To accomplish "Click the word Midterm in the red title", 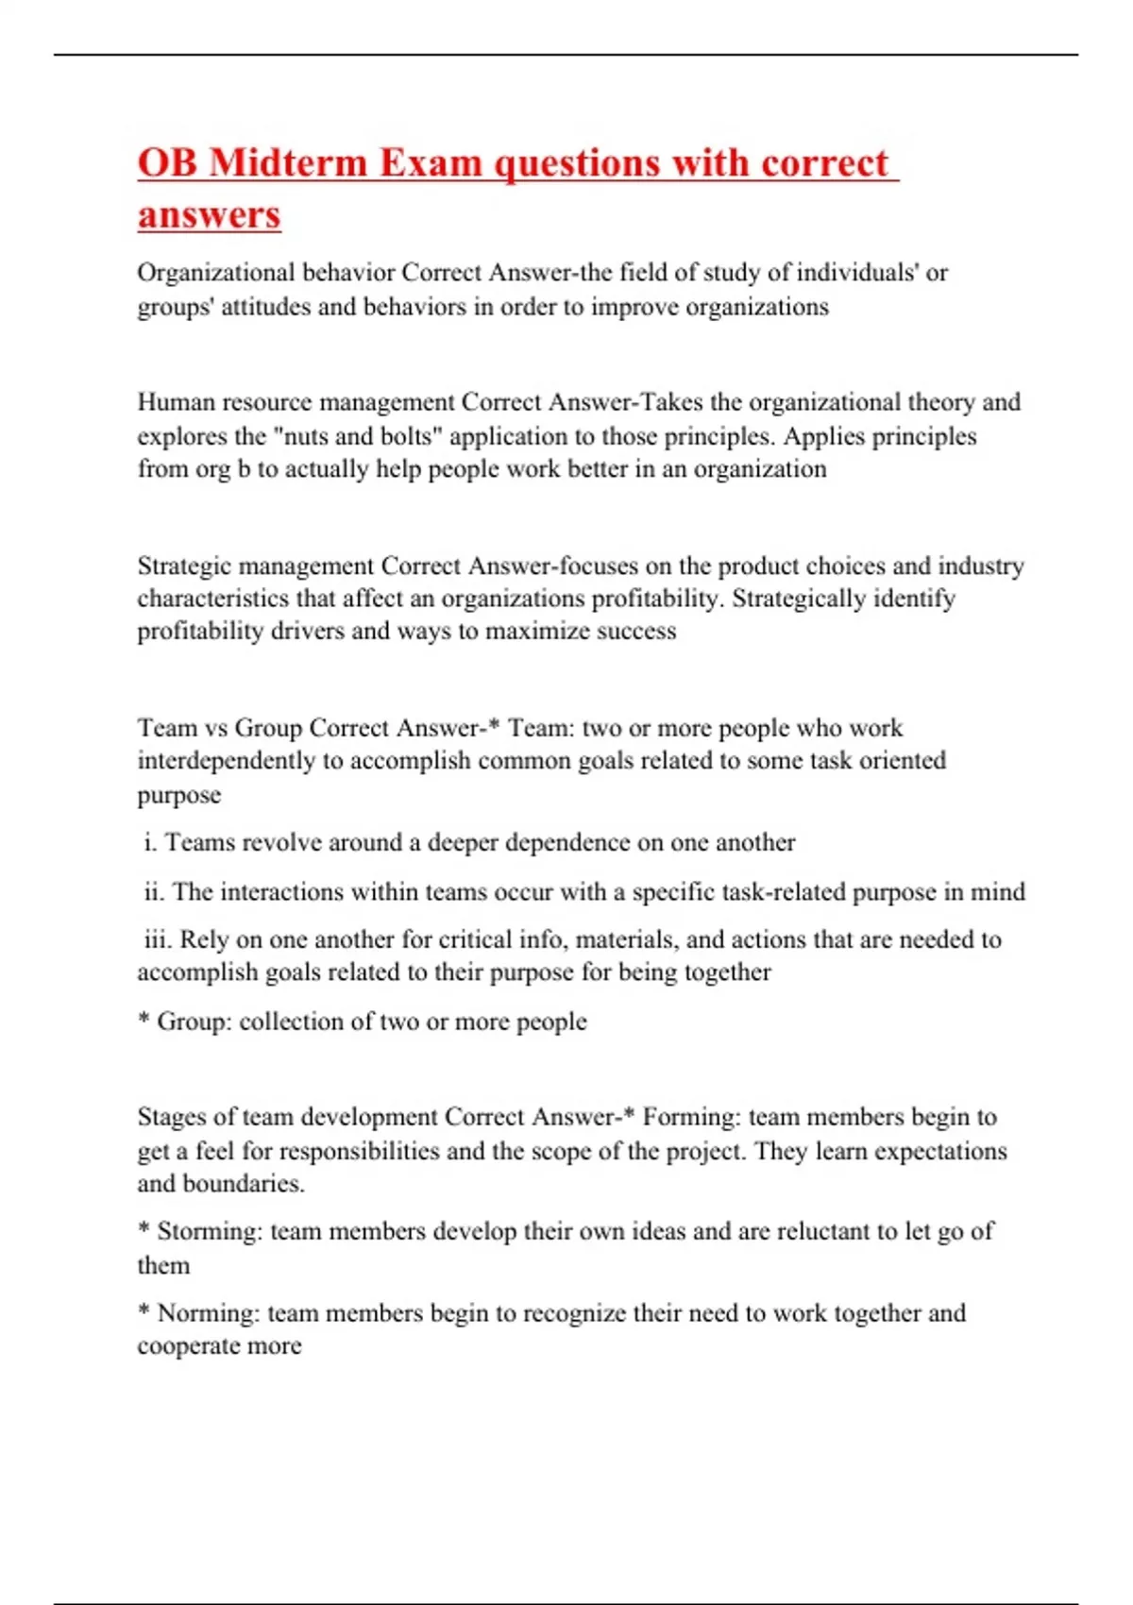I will (x=287, y=162).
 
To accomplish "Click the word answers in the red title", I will (x=209, y=214).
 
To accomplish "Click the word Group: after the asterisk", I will (x=194, y=1022).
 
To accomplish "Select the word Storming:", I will (x=210, y=1231).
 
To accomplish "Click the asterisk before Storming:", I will (x=144, y=1229).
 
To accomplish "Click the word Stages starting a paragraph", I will (x=171, y=1118).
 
